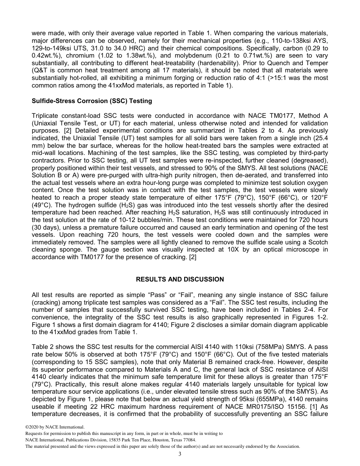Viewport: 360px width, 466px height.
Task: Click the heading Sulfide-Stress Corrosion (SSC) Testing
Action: point(92,101)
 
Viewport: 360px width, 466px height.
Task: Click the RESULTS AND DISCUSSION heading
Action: point(180,279)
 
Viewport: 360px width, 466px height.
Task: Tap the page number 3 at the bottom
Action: point(180,454)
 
